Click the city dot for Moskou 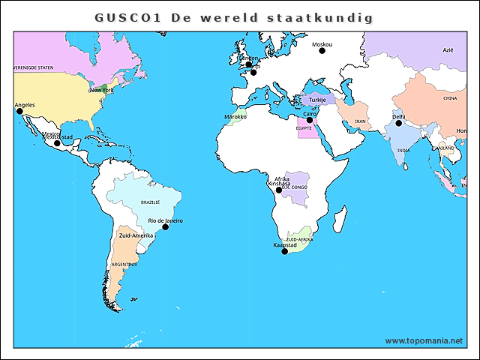322,51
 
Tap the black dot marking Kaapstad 284,251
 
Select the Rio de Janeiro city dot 166,226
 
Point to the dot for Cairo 309,120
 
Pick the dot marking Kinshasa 279,190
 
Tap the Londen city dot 248,64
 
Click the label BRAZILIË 151,202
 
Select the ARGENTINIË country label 124,265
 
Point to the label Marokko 235,117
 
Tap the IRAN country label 360,121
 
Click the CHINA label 450,98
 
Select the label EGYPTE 304,128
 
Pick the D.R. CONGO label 295,187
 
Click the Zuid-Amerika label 136,235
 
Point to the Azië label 448,49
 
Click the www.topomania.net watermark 424,340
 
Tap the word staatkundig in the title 321,16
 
